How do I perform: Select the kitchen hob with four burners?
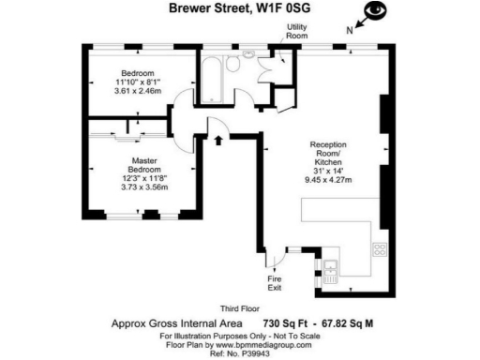click(380, 249)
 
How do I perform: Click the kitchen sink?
click(331, 275)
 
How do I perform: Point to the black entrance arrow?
click(219, 141)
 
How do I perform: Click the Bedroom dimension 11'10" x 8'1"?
click(136, 82)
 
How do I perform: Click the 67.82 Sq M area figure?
click(349, 322)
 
